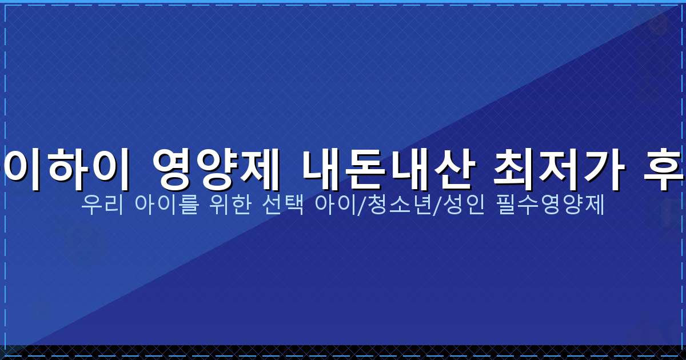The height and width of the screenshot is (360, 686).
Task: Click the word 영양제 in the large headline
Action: (216, 170)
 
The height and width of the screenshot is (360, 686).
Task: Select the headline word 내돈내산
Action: (388, 170)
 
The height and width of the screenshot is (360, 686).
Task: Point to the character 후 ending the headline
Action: (663, 170)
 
